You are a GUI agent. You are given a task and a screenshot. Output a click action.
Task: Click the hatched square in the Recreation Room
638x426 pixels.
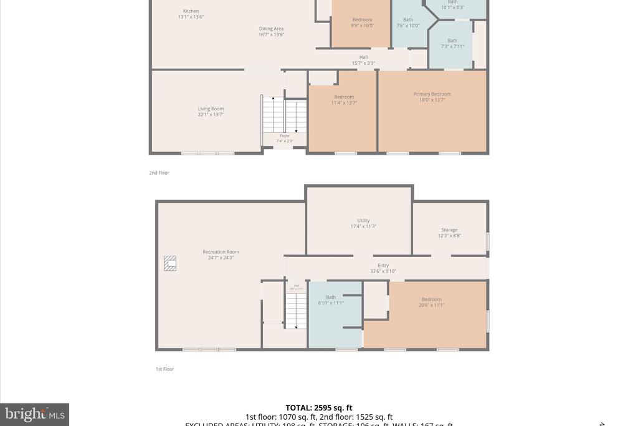170,263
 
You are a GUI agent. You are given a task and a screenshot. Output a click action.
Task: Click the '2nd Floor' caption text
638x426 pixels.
159,173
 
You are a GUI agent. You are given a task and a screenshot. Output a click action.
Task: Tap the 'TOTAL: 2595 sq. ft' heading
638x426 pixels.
319,408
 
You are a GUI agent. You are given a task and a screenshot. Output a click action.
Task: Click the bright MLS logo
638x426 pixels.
34,414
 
